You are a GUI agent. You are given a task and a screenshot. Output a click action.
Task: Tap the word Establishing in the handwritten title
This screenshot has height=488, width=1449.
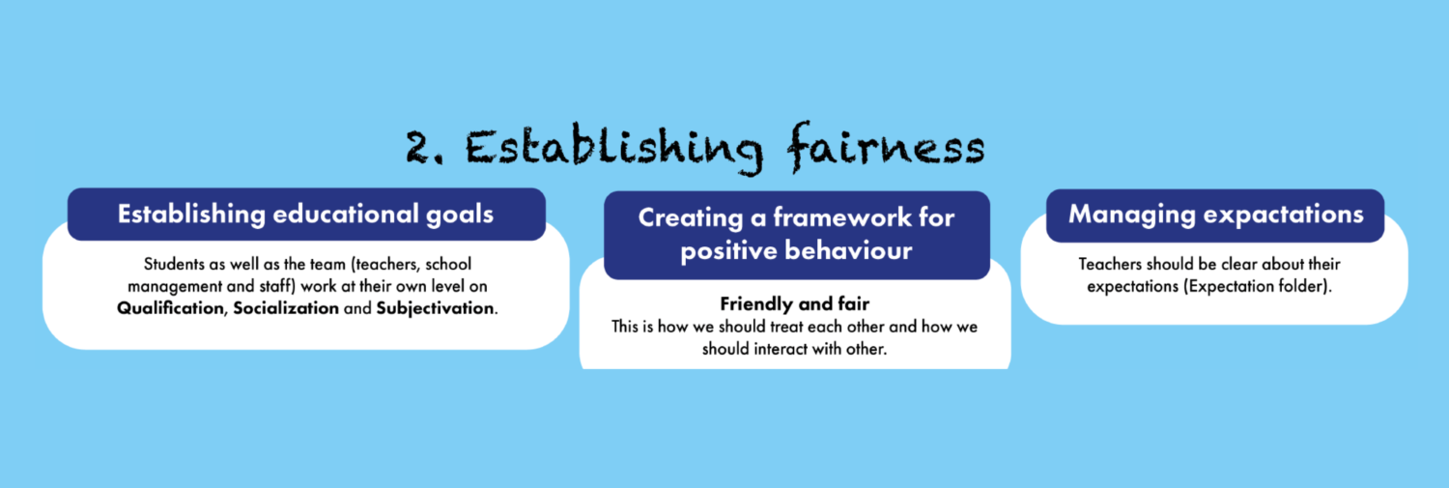(613, 148)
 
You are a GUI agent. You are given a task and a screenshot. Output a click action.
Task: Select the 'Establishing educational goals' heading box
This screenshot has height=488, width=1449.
(306, 214)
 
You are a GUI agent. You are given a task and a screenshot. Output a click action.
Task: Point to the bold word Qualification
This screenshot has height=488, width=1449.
(172, 308)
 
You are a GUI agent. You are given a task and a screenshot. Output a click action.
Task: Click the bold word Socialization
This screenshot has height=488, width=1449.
(286, 308)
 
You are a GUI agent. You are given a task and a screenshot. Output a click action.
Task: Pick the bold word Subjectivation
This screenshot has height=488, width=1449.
(435, 308)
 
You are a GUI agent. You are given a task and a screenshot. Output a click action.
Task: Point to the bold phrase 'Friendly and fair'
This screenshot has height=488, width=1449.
(794, 305)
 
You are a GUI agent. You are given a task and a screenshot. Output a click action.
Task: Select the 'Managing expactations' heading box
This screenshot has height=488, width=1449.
(1215, 215)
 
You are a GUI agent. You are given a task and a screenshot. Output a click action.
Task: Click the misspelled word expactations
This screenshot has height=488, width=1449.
(1282, 215)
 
